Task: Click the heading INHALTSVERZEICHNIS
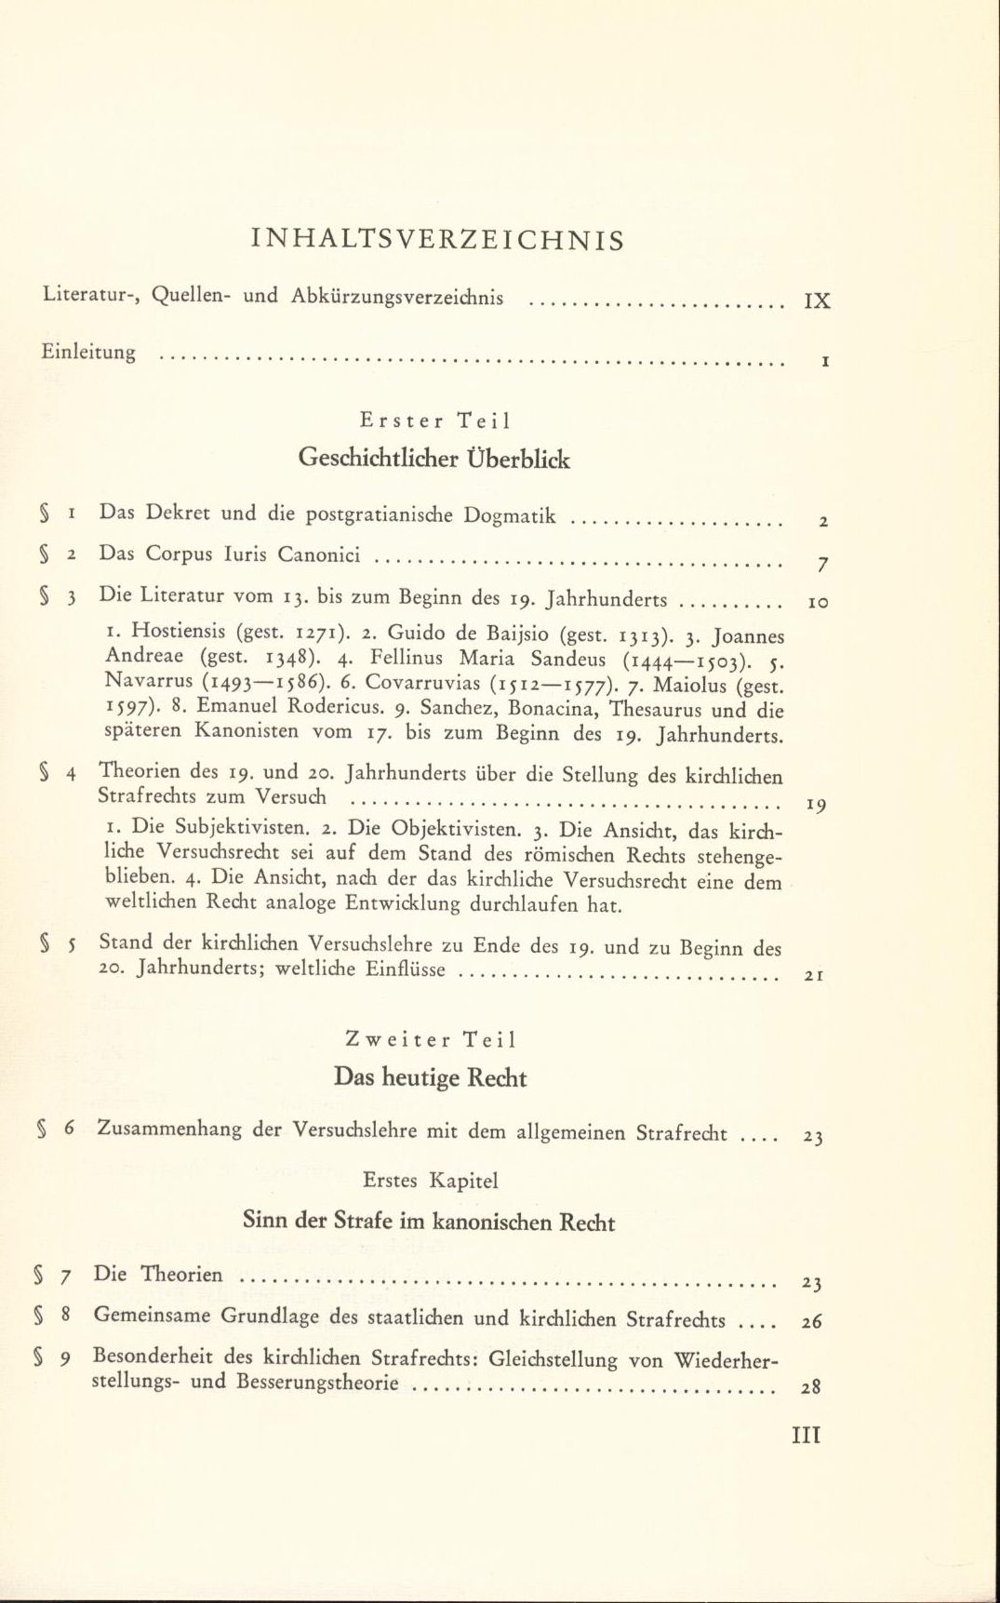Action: [x=437, y=241]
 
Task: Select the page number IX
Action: [x=817, y=301]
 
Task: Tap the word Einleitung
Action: [x=89, y=353]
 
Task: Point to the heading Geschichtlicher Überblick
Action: [x=434, y=459]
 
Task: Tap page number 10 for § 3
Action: [x=818, y=603]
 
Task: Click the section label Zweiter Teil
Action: [x=430, y=1039]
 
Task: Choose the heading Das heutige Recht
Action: [x=430, y=1078]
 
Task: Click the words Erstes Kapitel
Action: [x=431, y=1181]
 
